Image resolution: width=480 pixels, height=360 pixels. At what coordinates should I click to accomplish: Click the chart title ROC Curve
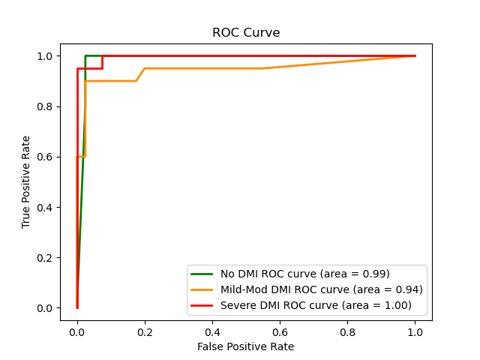click(x=246, y=33)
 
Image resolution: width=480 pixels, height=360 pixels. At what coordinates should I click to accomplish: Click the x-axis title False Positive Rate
click(x=246, y=346)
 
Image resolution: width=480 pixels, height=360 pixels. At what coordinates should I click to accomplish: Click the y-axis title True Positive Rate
click(x=26, y=182)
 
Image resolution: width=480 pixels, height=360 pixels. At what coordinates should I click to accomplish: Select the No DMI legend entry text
click(x=305, y=274)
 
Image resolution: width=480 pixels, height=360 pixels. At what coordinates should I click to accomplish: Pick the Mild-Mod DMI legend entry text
click(x=322, y=289)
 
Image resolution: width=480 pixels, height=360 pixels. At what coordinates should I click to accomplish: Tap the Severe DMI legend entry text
click(x=316, y=305)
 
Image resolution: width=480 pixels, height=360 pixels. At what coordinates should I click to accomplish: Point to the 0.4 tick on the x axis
click(x=212, y=321)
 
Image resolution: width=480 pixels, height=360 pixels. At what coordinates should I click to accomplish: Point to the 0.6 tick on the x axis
click(x=280, y=321)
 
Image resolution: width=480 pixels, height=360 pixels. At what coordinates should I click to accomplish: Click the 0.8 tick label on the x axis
click(x=347, y=331)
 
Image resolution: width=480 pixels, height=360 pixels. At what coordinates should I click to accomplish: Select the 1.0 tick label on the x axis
click(x=415, y=331)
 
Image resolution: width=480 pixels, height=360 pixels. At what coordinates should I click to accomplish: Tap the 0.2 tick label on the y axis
click(x=45, y=257)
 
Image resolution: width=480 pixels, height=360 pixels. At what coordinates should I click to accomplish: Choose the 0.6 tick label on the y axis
click(x=45, y=157)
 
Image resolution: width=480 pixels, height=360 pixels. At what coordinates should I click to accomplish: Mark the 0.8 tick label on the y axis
click(x=45, y=106)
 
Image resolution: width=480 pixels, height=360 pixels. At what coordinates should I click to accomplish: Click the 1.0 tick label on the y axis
click(x=45, y=56)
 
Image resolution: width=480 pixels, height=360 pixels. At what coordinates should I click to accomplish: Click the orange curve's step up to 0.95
click(x=144, y=69)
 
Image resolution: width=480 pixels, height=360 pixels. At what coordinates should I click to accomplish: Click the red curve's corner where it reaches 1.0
click(x=103, y=56)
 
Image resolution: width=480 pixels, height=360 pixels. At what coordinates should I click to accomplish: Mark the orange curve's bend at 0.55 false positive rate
click(x=262, y=68)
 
